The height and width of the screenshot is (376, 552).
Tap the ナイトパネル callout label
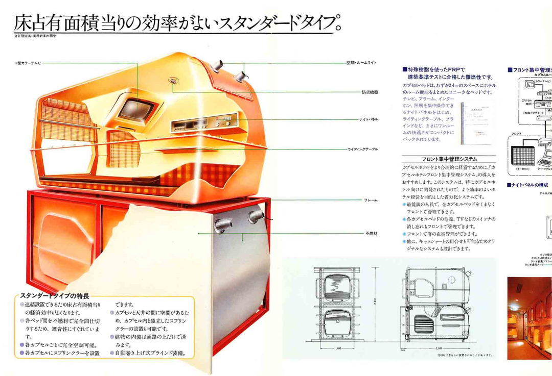pyautogui.click(x=369, y=119)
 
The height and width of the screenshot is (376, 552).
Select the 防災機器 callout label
pyautogui.click(x=370, y=92)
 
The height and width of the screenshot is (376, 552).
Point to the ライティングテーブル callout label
pyautogui.click(x=363, y=149)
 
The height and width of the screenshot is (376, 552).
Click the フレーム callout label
pyautogui.click(x=371, y=200)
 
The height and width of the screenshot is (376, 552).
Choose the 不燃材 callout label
pyautogui.click(x=371, y=233)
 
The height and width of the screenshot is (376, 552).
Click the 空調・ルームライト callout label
pyautogui.click(x=361, y=63)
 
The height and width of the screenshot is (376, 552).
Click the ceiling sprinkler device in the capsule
pyautogui.click(x=174, y=81)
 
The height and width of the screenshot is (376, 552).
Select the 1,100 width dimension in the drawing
pyautogui.click(x=338, y=349)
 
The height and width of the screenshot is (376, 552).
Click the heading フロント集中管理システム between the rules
pyautogui.click(x=449, y=159)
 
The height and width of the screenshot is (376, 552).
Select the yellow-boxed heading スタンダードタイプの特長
pyautogui.click(x=54, y=296)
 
